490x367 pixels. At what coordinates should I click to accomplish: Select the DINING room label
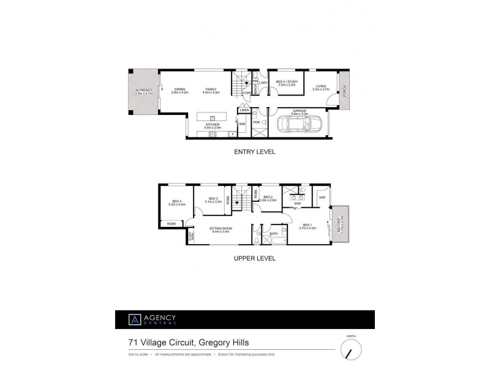[x=179, y=88]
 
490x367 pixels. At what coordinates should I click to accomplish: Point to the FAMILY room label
[x=211, y=88]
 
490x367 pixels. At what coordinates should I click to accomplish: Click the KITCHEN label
[x=213, y=125]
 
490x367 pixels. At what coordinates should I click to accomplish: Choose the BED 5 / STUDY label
[x=285, y=83]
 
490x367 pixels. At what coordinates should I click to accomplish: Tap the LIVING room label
[x=321, y=87]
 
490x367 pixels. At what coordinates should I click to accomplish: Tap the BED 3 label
[x=213, y=198]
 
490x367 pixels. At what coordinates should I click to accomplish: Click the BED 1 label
[x=307, y=225]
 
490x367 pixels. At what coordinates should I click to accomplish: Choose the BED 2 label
[x=268, y=198]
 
